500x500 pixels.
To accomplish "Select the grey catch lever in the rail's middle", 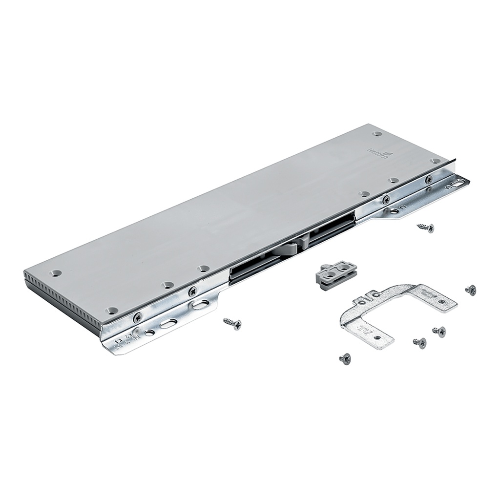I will (290, 246).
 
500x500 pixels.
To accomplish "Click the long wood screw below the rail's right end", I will (425, 227).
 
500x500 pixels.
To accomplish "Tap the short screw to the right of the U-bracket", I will (470, 290).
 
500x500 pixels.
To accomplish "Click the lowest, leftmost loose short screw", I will (345, 359).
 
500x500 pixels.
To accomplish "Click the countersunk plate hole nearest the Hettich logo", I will (376, 133).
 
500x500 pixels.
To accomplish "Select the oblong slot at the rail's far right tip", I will (458, 183).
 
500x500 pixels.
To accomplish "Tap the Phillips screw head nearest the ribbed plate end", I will (138, 317).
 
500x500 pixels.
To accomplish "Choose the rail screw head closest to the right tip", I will (429, 179).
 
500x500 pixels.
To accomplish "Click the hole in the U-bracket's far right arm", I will (441, 302).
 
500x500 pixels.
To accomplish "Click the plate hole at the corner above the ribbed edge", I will (57, 273).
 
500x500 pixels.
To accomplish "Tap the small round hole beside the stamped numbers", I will (149, 333).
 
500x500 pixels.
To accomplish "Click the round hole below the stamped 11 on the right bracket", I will (394, 211).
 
